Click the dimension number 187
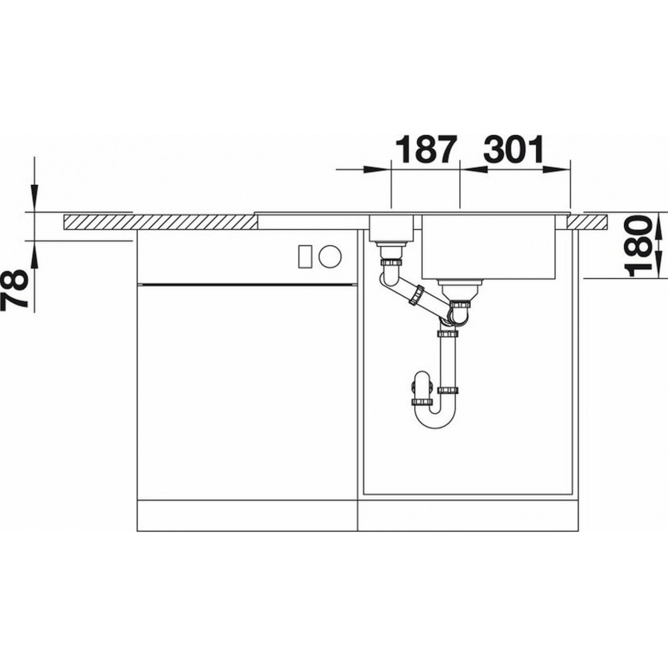(426, 149)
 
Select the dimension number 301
(514, 149)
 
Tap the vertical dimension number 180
(638, 246)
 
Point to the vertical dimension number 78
(15, 289)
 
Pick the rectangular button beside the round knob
(305, 257)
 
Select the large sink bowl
(488, 247)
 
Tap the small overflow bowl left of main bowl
(391, 228)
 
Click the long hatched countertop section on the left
(160, 222)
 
